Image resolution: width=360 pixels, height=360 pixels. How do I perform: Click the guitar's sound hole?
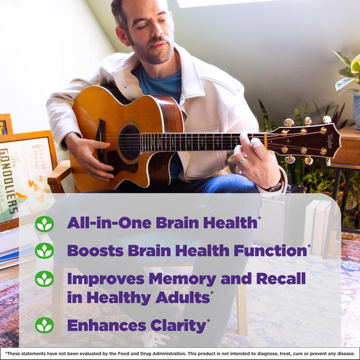(129, 142)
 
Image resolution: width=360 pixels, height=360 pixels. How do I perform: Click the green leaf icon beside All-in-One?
(44, 224)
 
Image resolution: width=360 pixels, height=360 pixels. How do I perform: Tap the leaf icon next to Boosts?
(44, 251)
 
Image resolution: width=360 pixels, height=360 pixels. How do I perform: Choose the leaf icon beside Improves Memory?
(44, 278)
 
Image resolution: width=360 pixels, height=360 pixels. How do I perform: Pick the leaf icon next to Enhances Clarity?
(44, 325)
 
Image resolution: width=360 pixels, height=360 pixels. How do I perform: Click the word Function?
(270, 251)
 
